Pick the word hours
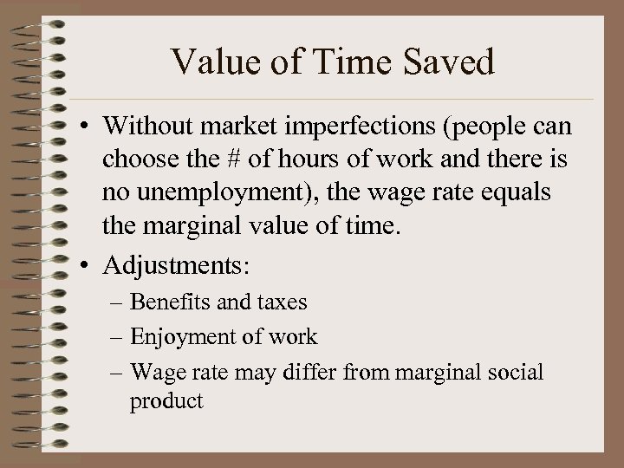point(289,162)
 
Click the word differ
point(341,372)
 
